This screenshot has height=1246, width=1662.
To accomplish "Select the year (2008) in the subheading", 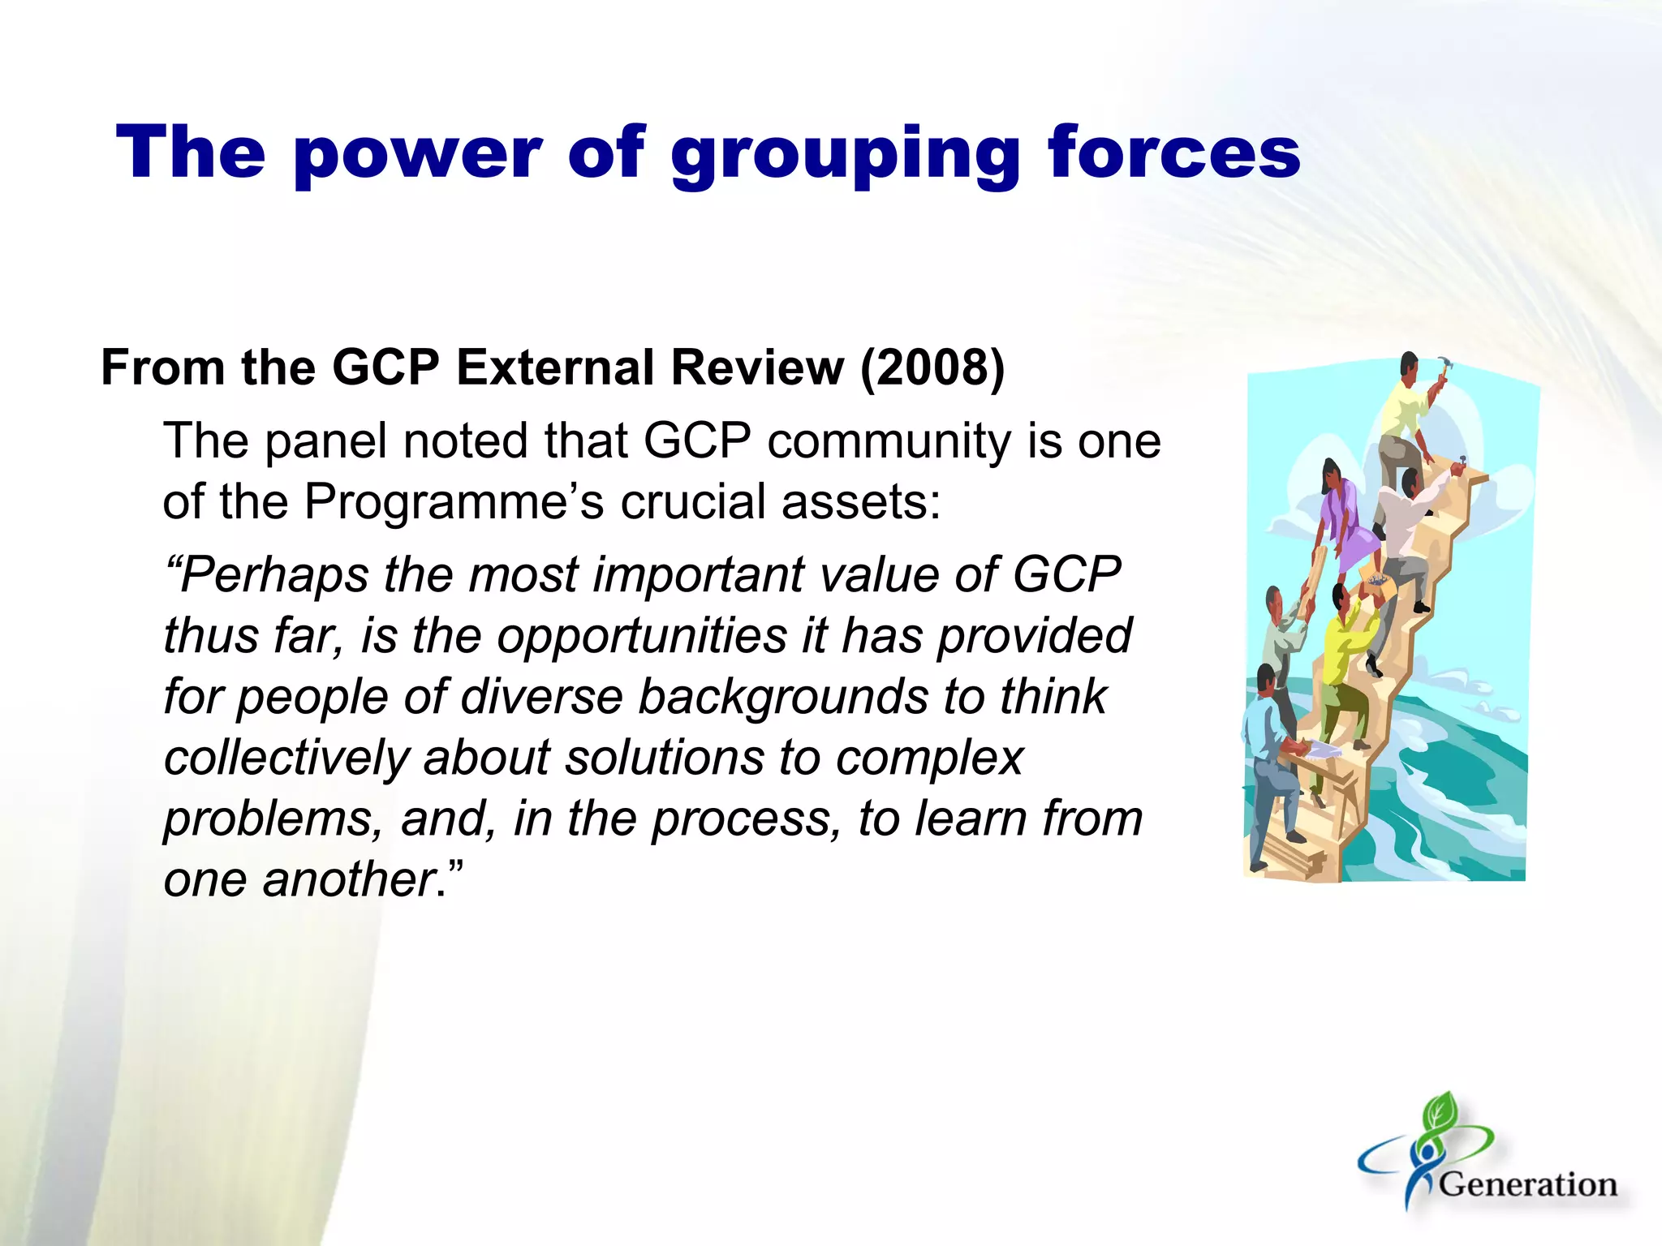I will [932, 367].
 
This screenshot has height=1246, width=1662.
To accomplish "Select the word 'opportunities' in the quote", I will [641, 635].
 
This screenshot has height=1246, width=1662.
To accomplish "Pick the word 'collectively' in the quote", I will [286, 757].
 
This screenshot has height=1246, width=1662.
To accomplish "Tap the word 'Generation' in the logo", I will [1527, 1184].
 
